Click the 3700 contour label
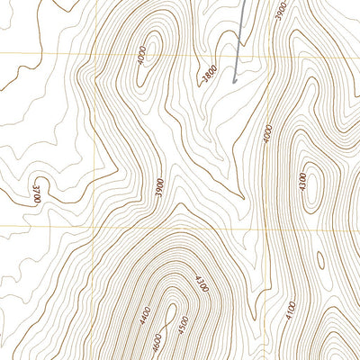click(37, 193)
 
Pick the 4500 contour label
click(184, 321)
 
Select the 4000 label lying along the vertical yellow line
click(267, 134)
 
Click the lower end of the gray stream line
click(235, 82)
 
